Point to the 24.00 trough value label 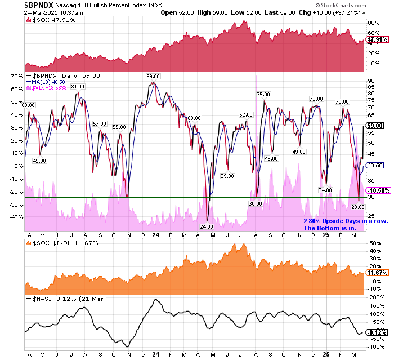(x=207, y=226)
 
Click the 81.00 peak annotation (x=77, y=86)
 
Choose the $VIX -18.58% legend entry (x=50, y=87)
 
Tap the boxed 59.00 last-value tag (x=375, y=126)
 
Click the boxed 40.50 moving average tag (x=375, y=165)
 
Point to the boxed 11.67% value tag (x=375, y=273)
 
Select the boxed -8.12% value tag (x=375, y=332)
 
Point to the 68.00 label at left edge (x=28, y=105)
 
